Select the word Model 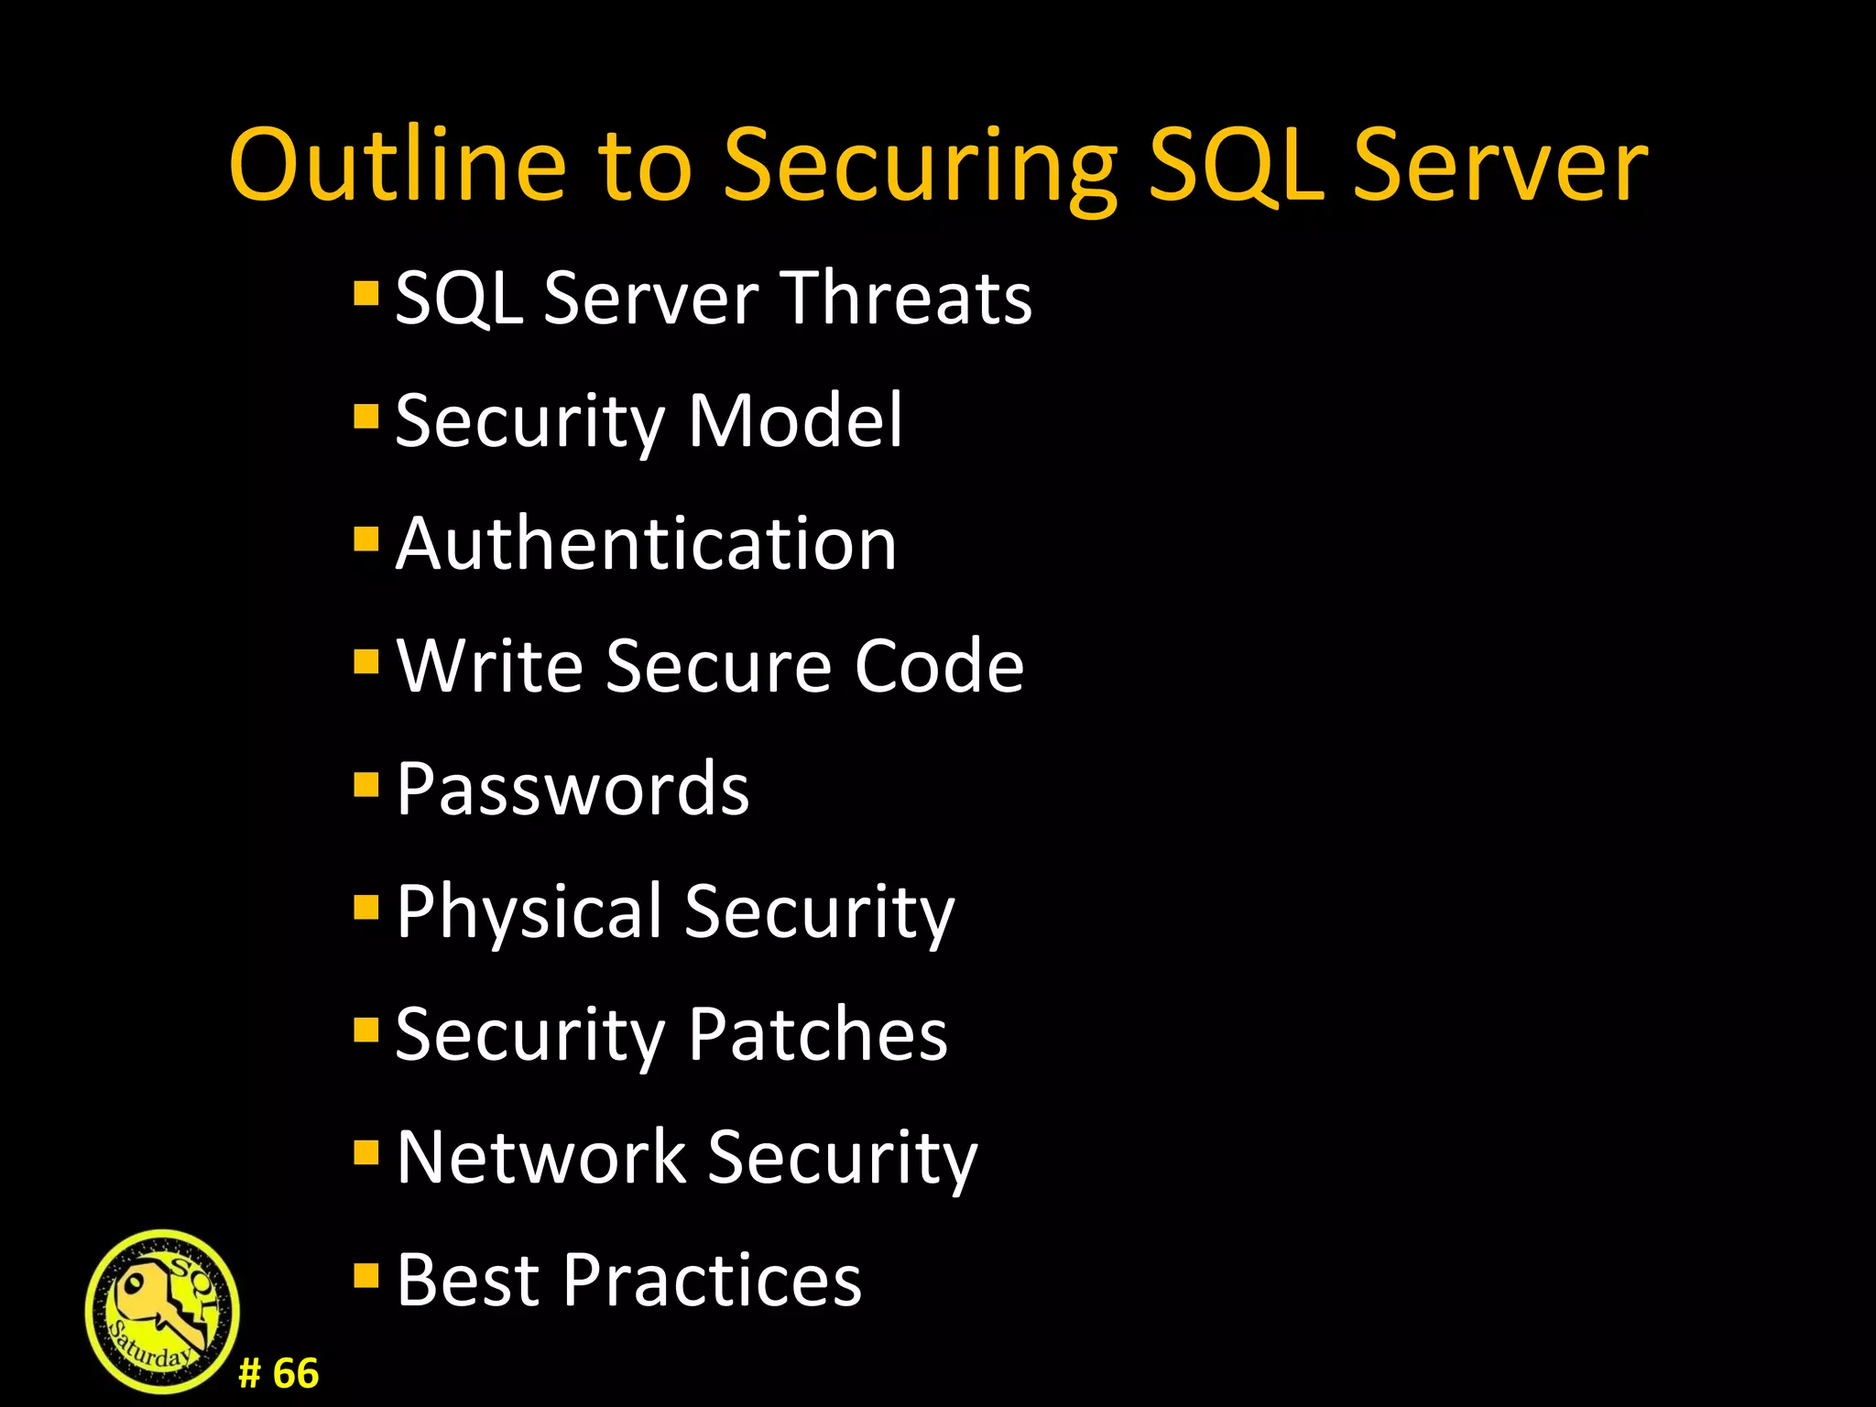(x=795, y=420)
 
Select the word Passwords (x=573, y=789)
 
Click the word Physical (x=529, y=912)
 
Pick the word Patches (x=817, y=1034)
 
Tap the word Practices (x=712, y=1280)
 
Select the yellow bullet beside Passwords (x=365, y=785)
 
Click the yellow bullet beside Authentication (x=365, y=540)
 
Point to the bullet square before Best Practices (x=365, y=1275)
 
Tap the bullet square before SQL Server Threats (x=365, y=294)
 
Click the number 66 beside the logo (x=295, y=1374)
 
